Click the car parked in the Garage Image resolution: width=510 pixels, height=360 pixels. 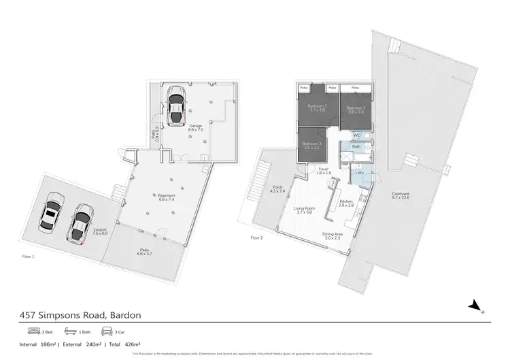[x=176, y=106]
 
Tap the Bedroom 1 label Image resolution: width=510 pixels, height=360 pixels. [x=317, y=107]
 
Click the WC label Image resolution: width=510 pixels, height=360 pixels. [x=356, y=135]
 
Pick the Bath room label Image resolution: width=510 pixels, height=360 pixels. [x=356, y=146]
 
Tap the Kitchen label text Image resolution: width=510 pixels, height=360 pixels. [x=347, y=201]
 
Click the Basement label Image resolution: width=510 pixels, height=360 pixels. [x=157, y=195]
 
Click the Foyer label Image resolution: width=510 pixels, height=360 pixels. [x=324, y=169]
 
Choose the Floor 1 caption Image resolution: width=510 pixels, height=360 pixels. [x=28, y=257]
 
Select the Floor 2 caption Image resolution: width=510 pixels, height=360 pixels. [x=256, y=238]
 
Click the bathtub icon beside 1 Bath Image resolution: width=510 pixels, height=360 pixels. [x=70, y=331]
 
